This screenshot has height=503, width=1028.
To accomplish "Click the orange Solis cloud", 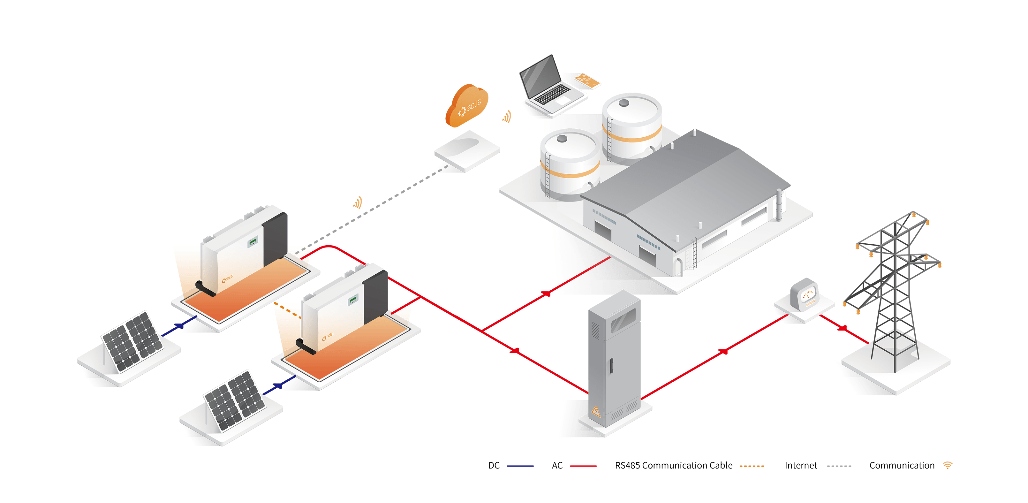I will click(x=467, y=105).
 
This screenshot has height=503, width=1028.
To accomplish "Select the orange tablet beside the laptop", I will click(x=587, y=80).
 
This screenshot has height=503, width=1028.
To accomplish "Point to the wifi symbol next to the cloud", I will click(x=507, y=117).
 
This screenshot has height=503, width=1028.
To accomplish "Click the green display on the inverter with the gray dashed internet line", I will click(x=253, y=241).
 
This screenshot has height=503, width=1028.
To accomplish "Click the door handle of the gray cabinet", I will click(x=610, y=366).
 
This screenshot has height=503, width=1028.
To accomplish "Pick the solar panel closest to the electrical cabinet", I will click(x=235, y=401).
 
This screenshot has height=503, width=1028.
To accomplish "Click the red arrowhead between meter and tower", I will click(x=843, y=328).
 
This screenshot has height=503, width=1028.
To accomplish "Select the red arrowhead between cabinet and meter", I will click(x=723, y=351).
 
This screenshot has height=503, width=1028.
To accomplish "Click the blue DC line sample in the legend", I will click(x=520, y=466).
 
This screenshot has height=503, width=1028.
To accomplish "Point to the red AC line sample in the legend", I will click(x=583, y=466).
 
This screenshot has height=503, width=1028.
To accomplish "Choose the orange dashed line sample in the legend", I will click(x=752, y=466).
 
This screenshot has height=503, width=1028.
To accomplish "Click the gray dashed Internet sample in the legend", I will click(x=839, y=466).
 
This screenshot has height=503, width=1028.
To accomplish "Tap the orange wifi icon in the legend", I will click(x=948, y=465).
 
